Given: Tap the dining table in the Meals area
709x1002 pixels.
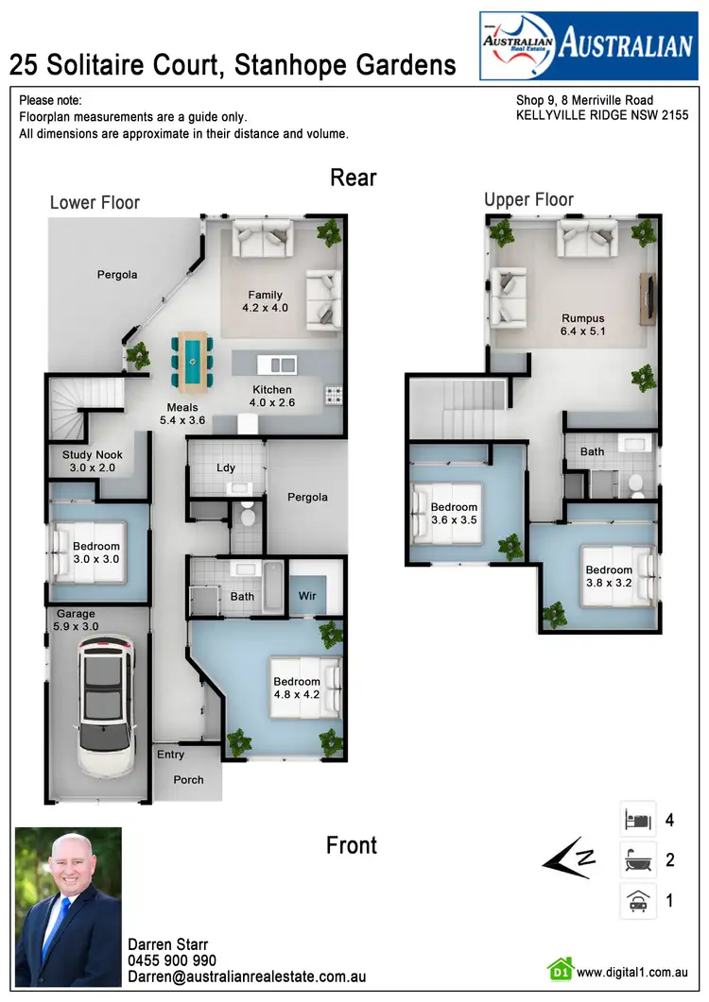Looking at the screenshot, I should click(x=193, y=361).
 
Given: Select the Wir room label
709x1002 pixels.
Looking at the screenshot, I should click(x=306, y=596).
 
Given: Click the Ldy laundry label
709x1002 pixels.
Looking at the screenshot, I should click(x=226, y=467).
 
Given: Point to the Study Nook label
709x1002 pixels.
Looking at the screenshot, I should click(x=93, y=461).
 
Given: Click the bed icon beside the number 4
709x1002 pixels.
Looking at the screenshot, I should click(x=638, y=820).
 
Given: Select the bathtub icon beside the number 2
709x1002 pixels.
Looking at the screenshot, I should click(x=638, y=860).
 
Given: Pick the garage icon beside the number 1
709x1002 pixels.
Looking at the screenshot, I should click(x=638, y=901).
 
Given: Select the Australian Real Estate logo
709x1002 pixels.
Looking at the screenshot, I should click(x=588, y=45).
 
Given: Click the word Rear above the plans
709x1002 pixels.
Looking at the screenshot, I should click(x=354, y=178).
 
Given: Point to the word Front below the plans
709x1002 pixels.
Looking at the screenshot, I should click(x=352, y=845).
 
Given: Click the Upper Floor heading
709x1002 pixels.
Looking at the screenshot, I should click(x=528, y=199).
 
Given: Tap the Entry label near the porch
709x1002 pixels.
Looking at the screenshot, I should click(x=171, y=755).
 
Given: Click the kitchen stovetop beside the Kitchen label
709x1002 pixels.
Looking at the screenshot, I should click(x=334, y=394).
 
